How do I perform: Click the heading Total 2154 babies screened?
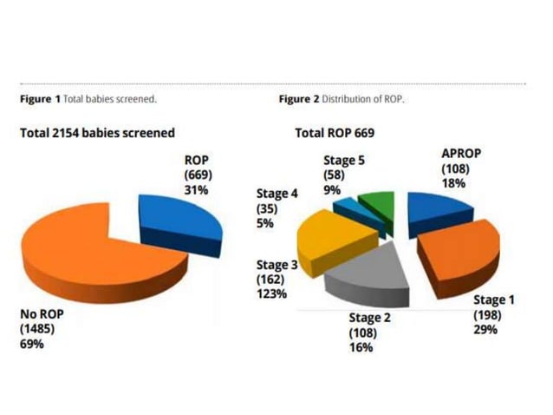[x=97, y=133]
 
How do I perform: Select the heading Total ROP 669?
[x=336, y=133]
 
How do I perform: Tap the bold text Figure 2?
[x=299, y=100]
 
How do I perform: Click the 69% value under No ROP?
[x=31, y=344]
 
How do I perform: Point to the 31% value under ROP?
[x=196, y=188]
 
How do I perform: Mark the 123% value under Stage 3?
[x=271, y=294]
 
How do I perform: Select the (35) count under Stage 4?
[x=266, y=208]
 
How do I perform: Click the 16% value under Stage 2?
[x=361, y=347]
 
